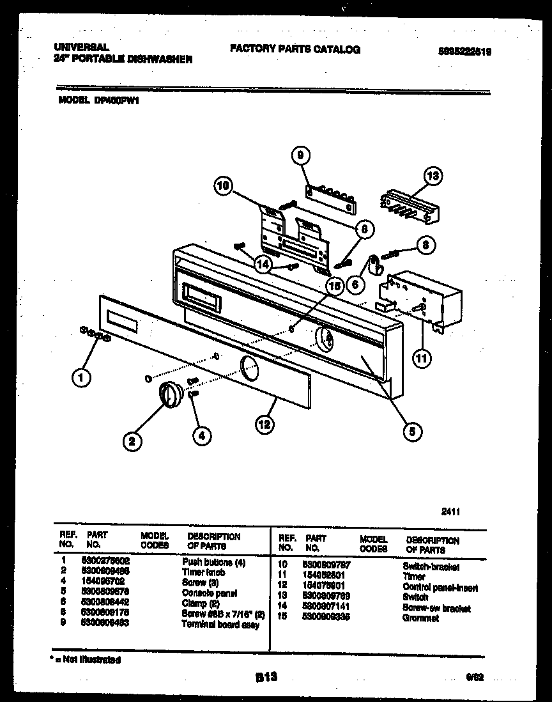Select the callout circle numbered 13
coord(434,176)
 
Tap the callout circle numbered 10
coord(223,187)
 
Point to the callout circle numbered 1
coord(80,378)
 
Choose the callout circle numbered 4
coord(201,435)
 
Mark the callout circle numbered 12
coord(264,423)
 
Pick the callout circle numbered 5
coord(411,432)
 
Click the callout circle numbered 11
coord(420,359)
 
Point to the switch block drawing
coord(409,205)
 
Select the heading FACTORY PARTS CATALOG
coord(295,49)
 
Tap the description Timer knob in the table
coord(203,573)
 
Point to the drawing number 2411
coord(451,511)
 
